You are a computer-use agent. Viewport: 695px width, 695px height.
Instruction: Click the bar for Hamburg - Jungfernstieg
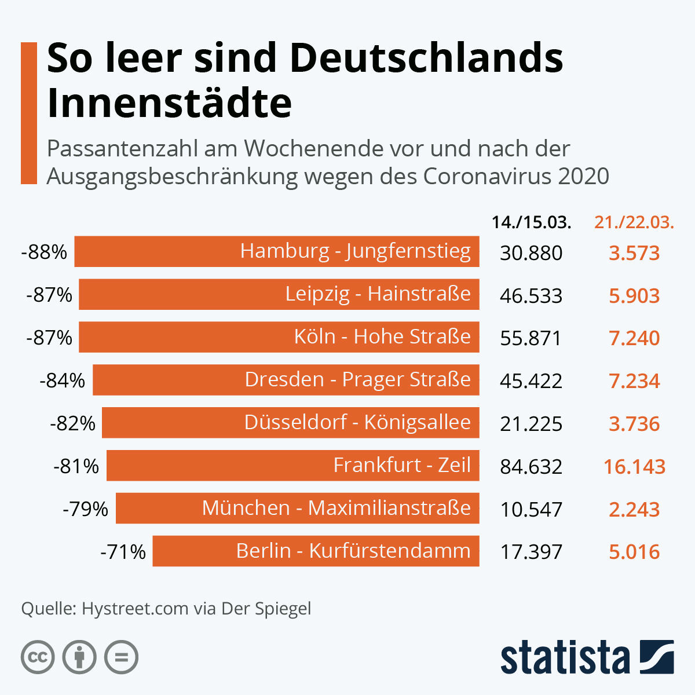[277, 251]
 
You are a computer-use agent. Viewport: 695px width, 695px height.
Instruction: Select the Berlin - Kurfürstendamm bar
[316, 551]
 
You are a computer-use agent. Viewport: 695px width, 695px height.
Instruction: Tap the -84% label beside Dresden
[63, 381]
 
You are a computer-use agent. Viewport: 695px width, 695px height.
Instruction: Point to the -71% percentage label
[123, 551]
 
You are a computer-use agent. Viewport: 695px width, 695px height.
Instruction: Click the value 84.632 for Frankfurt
[531, 466]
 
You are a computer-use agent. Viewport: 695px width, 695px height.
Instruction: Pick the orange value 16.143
[634, 466]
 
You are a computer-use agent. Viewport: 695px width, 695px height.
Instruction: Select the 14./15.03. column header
[531, 222]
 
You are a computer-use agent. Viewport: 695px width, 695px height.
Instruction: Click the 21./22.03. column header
[634, 222]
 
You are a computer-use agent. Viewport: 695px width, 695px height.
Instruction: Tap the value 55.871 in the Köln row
[531, 338]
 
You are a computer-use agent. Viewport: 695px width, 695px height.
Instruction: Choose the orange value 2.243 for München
[634, 509]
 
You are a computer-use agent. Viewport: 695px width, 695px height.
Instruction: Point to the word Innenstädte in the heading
[169, 103]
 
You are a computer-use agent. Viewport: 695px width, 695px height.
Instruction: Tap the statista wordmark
[565, 657]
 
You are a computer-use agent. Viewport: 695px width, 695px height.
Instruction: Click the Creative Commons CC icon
[38, 657]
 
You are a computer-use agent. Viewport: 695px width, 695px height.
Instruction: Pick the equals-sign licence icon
[121, 657]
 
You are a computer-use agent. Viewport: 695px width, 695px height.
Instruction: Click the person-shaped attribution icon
[79, 657]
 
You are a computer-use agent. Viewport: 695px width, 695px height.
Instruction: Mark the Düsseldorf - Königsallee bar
[290, 423]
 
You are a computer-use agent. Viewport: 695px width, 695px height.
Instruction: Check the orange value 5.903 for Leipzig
[634, 295]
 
